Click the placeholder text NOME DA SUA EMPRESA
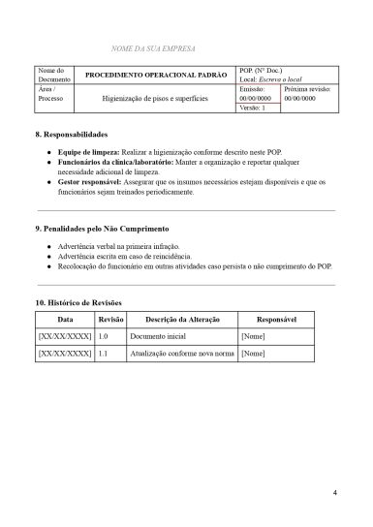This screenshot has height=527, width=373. pyautogui.click(x=156, y=47)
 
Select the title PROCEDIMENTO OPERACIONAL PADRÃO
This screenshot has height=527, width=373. pyautogui.click(x=155, y=76)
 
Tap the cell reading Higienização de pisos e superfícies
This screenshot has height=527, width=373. pyautogui.click(x=155, y=98)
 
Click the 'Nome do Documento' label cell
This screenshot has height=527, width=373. pyautogui.click(x=53, y=76)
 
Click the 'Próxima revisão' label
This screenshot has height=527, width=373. pyautogui.click(x=307, y=88)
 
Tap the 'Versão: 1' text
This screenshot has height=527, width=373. pyautogui.click(x=252, y=108)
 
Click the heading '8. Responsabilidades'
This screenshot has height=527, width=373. pyautogui.click(x=72, y=133)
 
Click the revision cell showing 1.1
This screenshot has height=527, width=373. pyautogui.click(x=104, y=355)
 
